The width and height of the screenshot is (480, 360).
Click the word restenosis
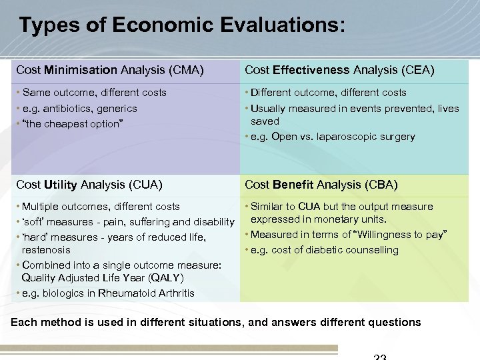(x=46, y=250)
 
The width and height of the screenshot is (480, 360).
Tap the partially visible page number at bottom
(x=379, y=357)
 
